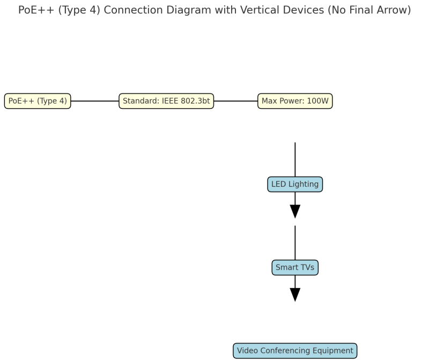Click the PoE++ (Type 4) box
[x=38, y=101]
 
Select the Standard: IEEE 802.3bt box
[x=166, y=101]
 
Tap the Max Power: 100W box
[x=295, y=101]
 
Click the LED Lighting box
[x=295, y=185]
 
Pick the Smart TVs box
[x=295, y=267]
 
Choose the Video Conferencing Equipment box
[x=295, y=351]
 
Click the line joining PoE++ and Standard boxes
[x=94, y=101]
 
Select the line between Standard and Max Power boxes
[x=235, y=101]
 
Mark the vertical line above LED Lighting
[x=295, y=159]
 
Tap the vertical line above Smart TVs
[x=295, y=243]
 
